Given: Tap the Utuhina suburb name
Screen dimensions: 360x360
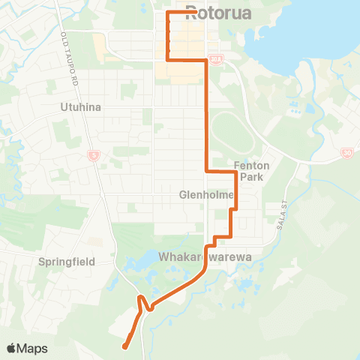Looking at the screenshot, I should [x=80, y=107].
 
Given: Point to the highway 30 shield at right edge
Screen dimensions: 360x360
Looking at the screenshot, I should [x=346, y=153].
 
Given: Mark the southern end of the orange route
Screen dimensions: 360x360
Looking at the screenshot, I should [x=124, y=346].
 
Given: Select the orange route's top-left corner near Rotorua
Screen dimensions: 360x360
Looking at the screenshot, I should [x=166, y=13].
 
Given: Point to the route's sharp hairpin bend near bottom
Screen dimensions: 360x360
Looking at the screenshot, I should [x=140, y=299].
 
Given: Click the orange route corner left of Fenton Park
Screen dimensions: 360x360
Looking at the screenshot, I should [x=207, y=172].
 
